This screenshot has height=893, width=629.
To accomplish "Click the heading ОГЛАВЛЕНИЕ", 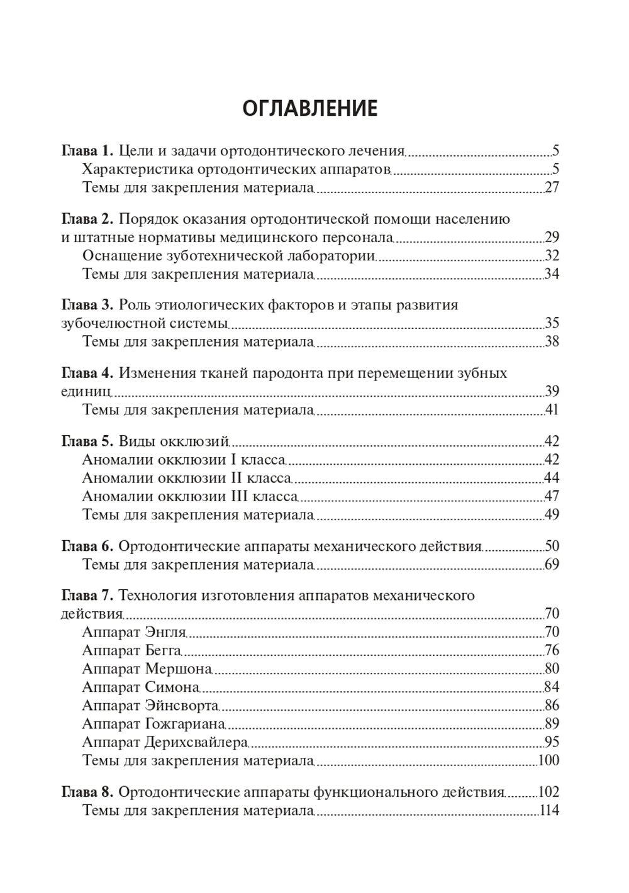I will click(309, 108).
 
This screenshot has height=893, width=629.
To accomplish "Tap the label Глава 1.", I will click(87, 151).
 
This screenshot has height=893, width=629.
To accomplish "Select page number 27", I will click(552, 188).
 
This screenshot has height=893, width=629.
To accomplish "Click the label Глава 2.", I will click(87, 219).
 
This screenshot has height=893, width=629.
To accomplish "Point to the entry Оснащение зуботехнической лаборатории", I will click(229, 256).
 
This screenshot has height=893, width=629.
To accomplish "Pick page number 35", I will click(552, 324).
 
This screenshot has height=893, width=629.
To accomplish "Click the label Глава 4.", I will click(87, 373).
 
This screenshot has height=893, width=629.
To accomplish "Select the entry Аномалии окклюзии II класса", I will click(186, 478).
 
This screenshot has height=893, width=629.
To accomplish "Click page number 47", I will click(552, 496).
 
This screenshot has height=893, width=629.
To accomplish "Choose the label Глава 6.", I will click(87, 546).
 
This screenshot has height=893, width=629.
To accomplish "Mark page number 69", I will click(552, 564).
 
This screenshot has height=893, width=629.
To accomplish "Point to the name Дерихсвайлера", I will click(196, 742).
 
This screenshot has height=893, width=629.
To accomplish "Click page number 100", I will click(549, 760).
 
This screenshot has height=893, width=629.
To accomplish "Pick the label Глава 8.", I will click(87, 792).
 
